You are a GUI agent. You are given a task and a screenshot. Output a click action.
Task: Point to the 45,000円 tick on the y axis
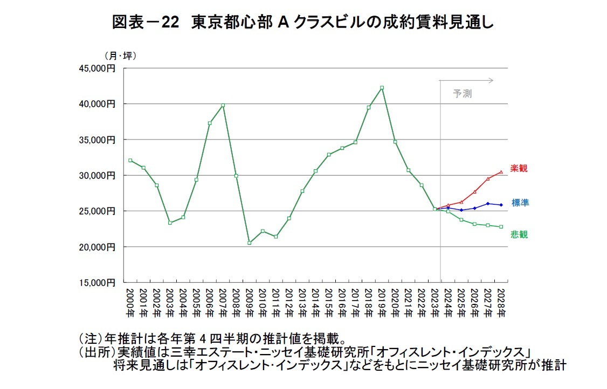pos(100,68)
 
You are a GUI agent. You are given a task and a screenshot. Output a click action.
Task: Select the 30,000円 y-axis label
pos(100,176)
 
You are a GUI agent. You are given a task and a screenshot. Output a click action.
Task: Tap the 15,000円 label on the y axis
pos(100,282)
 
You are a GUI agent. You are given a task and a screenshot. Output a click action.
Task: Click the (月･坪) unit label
pos(120,55)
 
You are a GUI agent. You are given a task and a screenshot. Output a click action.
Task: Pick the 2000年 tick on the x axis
pos(130,302)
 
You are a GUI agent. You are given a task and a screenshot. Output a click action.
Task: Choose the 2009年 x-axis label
pos(250,302)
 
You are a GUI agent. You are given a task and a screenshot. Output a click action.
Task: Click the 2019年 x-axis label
pos(382,302)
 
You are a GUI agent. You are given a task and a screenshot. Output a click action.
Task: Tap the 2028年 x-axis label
pos(501,302)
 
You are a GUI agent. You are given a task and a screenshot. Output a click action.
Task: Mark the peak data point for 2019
pos(382,88)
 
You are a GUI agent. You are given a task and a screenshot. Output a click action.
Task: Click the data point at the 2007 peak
pos(223,106)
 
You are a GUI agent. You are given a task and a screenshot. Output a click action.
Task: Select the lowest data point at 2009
pos(250,243)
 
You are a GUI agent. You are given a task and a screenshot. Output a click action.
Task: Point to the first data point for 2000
pos(130,160)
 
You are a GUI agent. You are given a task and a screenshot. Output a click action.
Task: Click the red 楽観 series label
pos(519,169)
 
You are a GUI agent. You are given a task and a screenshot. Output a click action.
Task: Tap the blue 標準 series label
pos(520,203)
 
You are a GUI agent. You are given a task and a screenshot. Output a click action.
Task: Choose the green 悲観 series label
pos(519,235)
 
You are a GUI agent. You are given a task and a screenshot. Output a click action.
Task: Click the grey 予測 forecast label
pos(462,94)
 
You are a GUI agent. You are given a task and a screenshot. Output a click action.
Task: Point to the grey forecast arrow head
pos(491,80)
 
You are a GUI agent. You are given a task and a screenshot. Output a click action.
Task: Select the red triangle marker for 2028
pos(501,172)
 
